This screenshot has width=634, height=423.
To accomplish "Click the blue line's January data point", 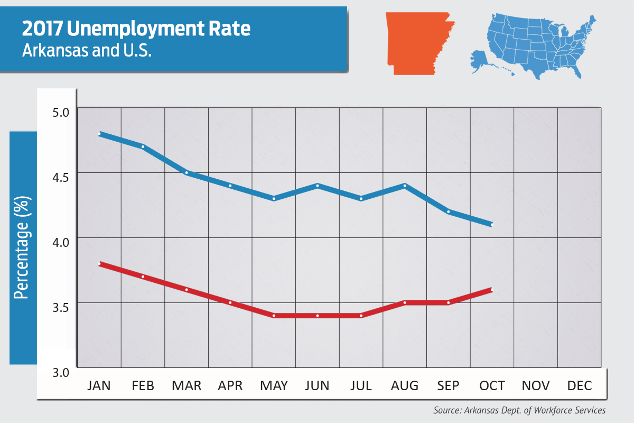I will (x=99, y=134).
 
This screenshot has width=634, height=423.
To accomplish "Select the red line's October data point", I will (x=491, y=290).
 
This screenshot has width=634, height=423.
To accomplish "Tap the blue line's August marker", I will (x=404, y=186).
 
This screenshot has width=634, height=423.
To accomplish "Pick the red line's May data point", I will (x=274, y=316).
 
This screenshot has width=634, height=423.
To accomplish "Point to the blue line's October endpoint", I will (x=491, y=225).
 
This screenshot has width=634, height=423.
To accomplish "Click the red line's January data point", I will (x=99, y=264).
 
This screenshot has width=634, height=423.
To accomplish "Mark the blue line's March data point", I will (x=187, y=172).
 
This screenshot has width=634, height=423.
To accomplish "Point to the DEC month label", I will (x=579, y=386).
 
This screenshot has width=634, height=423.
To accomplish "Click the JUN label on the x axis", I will (x=317, y=386).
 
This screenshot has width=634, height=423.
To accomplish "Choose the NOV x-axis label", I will (x=535, y=386).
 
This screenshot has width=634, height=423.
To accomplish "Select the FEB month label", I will (x=143, y=386).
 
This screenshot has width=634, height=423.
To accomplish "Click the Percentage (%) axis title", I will (x=22, y=247).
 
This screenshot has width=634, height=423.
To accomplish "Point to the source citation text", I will (x=519, y=410).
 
